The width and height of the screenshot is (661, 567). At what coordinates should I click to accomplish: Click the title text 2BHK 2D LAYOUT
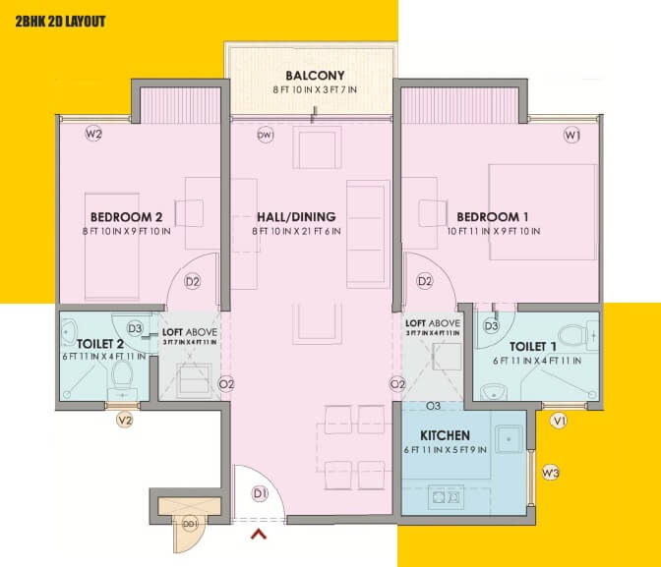pyautogui.click(x=60, y=21)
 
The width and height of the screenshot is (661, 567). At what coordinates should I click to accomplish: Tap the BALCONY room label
pyautogui.click(x=314, y=76)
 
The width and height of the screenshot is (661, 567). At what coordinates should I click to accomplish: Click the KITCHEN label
pyautogui.click(x=445, y=434)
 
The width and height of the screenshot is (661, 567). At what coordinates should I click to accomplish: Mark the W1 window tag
pyautogui.click(x=571, y=135)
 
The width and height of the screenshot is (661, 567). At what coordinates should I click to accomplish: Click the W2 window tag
pyautogui.click(x=94, y=135)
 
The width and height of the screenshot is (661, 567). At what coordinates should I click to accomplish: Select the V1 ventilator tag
pyautogui.click(x=559, y=421)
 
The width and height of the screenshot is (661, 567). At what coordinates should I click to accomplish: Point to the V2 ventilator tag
pyautogui.click(x=125, y=421)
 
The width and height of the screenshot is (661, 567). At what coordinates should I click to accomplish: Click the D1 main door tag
pyautogui.click(x=261, y=493)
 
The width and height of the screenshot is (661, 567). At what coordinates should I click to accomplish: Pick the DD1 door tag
pyautogui.click(x=189, y=523)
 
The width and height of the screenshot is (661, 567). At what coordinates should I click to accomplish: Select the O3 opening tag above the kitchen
pyautogui.click(x=433, y=406)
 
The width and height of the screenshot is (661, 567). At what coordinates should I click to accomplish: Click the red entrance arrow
pyautogui.click(x=260, y=535)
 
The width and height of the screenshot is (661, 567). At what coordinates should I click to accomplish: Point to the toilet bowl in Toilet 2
pyautogui.click(x=123, y=376)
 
